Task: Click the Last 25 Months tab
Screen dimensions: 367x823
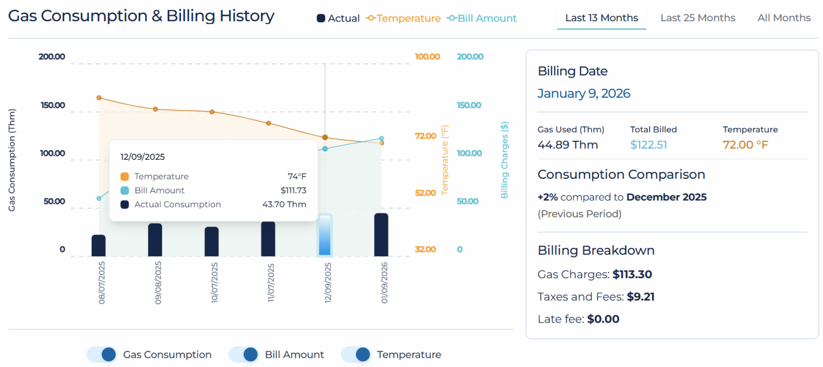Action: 697,18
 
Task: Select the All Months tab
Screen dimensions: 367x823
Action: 783,18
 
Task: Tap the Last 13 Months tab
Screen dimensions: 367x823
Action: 601,18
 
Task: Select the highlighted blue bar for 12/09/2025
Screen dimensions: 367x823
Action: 325,235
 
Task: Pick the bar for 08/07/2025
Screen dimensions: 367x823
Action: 98,246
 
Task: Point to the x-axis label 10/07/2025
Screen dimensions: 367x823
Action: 214,282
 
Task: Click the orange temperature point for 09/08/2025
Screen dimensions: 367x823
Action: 155,109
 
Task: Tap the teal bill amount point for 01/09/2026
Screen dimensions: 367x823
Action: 381,139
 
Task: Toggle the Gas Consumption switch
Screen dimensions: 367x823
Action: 102,354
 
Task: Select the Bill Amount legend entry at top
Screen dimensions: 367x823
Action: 482,18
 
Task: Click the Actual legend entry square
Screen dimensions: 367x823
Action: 321,18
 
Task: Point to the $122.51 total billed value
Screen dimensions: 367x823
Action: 648,145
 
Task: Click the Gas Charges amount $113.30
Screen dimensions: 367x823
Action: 632,274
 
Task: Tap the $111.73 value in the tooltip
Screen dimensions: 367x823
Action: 293,190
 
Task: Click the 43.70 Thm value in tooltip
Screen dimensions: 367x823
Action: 284,204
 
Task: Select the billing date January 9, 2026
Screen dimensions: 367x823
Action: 583,94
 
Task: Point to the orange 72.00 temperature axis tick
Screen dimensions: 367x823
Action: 425,136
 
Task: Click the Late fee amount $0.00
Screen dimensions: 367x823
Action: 603,319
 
